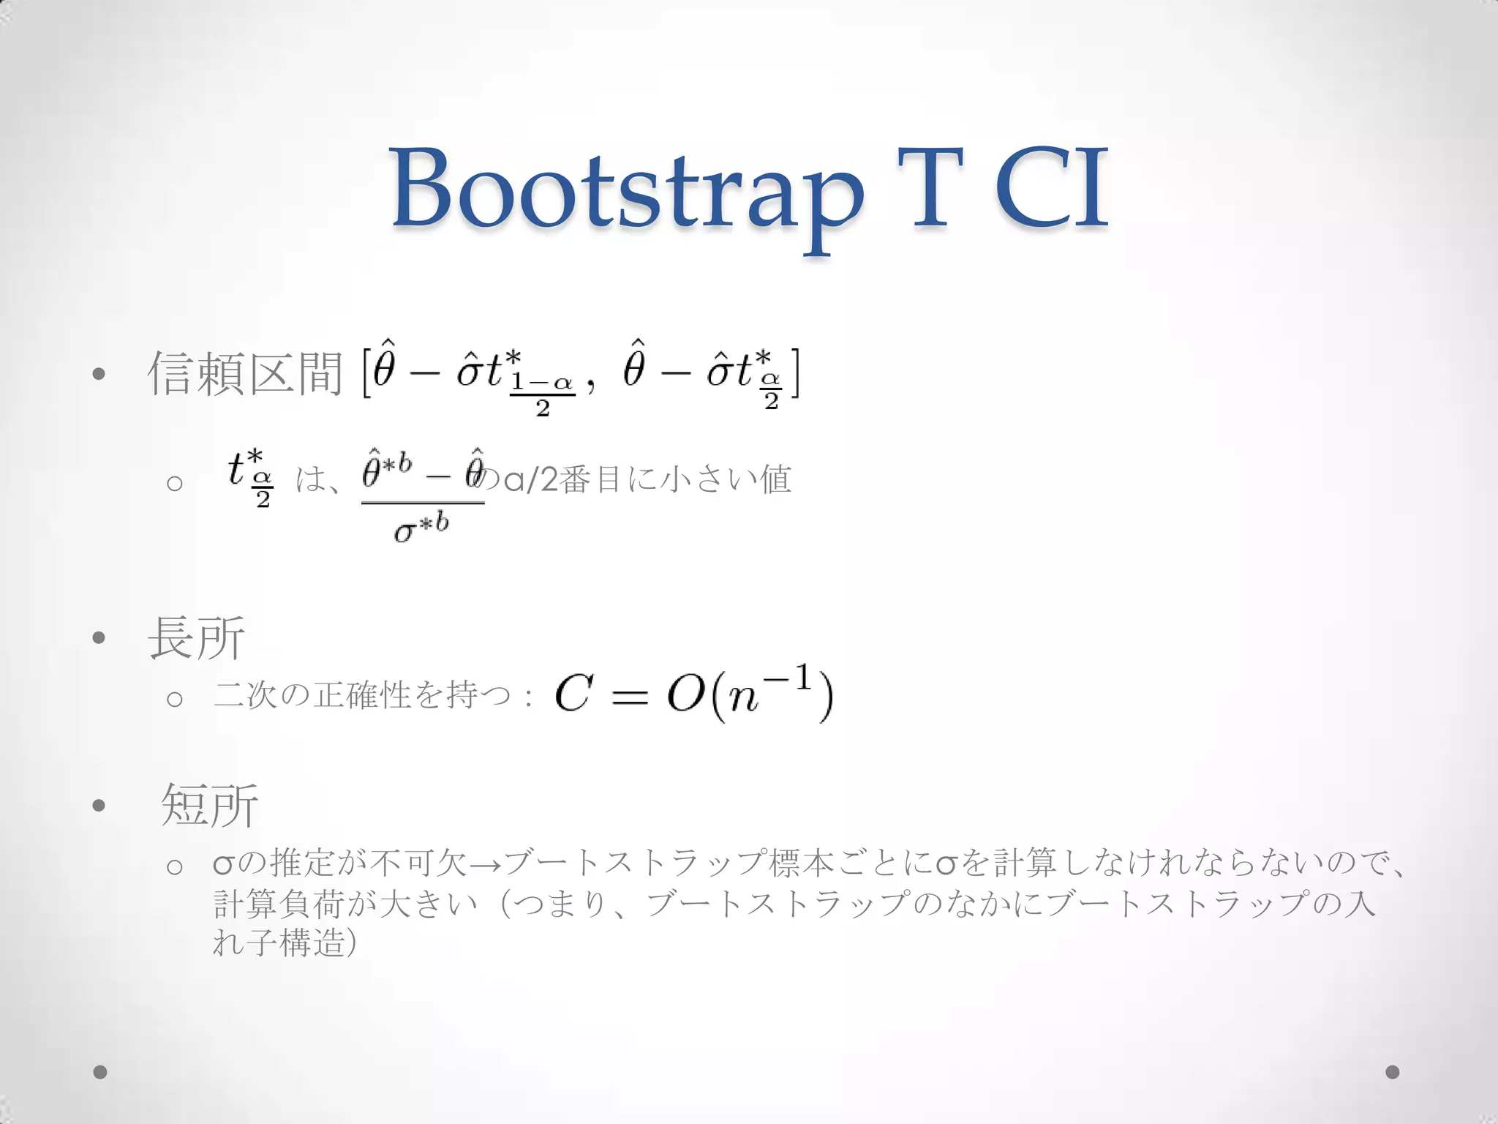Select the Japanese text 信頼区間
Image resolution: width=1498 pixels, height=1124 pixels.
pyautogui.click(x=246, y=374)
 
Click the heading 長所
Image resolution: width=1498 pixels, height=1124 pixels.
pyautogui.click(x=196, y=638)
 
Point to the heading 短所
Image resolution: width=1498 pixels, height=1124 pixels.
pyautogui.click(x=209, y=805)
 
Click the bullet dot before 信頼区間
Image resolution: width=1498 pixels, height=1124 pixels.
pyautogui.click(x=99, y=375)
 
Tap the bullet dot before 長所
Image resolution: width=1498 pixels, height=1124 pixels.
pyautogui.click(x=99, y=638)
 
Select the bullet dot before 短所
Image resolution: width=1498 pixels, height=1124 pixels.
pyautogui.click(x=99, y=806)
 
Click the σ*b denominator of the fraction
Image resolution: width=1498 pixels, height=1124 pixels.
pyautogui.click(x=421, y=528)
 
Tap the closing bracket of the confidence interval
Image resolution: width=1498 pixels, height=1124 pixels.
pyautogui.click(x=794, y=374)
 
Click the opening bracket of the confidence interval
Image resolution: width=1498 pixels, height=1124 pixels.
pyautogui.click(x=366, y=374)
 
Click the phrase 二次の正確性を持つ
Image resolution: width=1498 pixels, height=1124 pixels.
pyautogui.click(x=362, y=694)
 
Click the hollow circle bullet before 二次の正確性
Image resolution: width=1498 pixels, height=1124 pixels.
pyautogui.click(x=174, y=699)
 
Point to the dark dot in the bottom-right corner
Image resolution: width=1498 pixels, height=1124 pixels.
pyautogui.click(x=1392, y=1072)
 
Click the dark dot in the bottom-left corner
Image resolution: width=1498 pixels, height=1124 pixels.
pyautogui.click(x=100, y=1072)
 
